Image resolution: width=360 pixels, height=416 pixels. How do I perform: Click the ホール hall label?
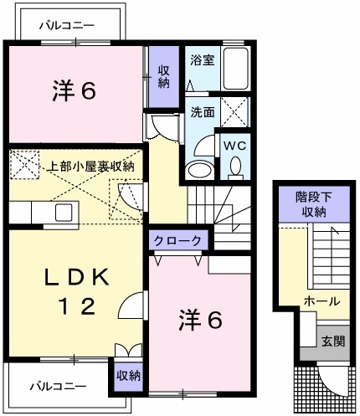(x=322, y=300)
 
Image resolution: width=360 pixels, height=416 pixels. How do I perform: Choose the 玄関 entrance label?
(x=332, y=341)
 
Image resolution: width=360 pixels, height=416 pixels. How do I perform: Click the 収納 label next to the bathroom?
(x=164, y=77)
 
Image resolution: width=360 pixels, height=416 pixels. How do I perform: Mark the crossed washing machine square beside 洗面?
(x=238, y=110)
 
